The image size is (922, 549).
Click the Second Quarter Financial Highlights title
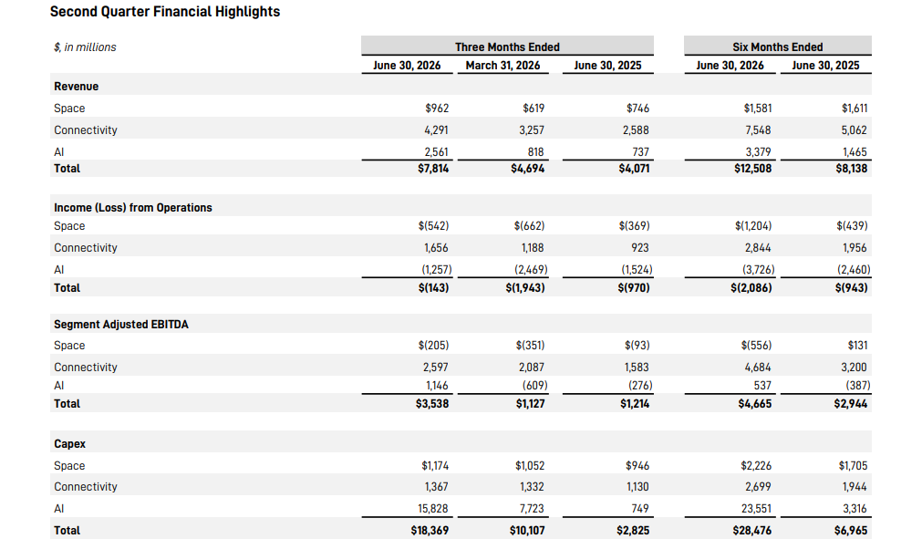tap(165, 12)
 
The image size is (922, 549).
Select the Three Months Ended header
tap(507, 47)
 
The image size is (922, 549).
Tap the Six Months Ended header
tap(777, 47)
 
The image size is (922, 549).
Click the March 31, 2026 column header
tap(502, 66)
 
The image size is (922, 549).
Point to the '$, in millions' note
tap(85, 47)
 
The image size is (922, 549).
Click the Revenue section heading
tap(77, 87)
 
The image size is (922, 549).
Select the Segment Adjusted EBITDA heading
tap(121, 325)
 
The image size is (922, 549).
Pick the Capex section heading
tap(70, 444)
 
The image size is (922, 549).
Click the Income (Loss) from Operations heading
tap(133, 208)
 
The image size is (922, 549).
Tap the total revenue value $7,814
tap(433, 169)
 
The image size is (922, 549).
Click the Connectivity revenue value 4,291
tap(436, 129)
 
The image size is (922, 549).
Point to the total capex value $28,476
tap(752, 530)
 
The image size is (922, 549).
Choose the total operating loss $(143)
tap(433, 288)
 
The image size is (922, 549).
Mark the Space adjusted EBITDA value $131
tap(857, 345)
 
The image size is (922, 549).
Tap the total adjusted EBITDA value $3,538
tap(432, 404)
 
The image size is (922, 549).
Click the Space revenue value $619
tap(534, 109)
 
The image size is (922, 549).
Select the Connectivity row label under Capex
tap(86, 487)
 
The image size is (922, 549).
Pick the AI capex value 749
tap(640, 509)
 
